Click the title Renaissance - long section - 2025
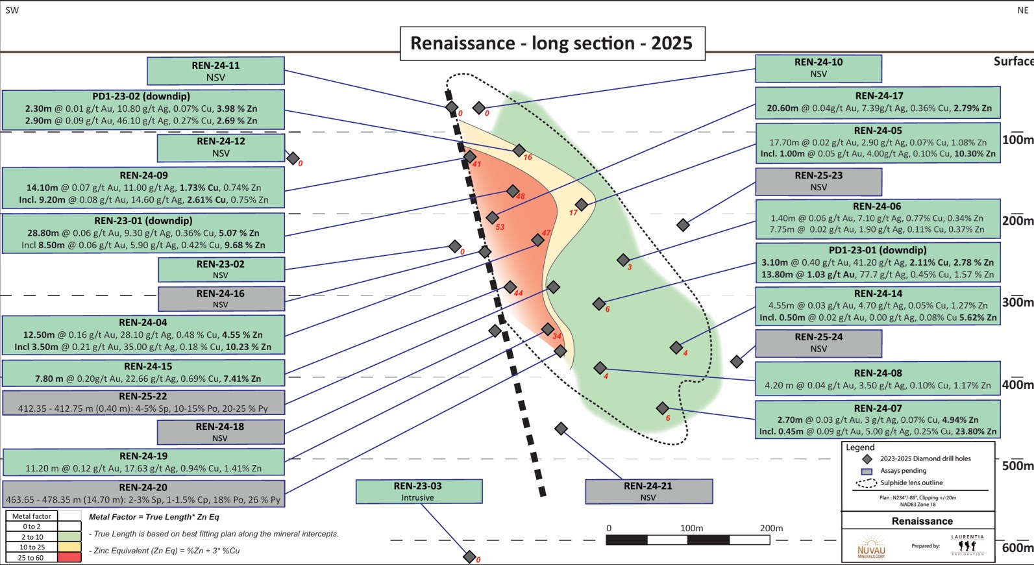(x=552, y=44)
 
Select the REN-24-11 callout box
(x=215, y=71)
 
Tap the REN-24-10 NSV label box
(x=819, y=68)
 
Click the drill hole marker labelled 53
(x=493, y=218)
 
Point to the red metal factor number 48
(x=520, y=196)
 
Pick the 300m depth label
(x=1017, y=302)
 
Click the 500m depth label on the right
(x=1017, y=466)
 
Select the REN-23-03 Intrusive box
(x=419, y=492)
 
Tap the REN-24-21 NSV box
(x=649, y=492)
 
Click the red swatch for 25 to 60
(x=69, y=558)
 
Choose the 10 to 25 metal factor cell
(x=31, y=547)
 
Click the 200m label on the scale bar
(x=771, y=528)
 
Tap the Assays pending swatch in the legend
(x=867, y=471)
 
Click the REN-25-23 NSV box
(x=819, y=182)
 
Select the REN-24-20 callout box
(x=143, y=494)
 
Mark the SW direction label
(x=12, y=10)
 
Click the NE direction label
(x=1023, y=10)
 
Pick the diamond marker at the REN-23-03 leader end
(x=469, y=557)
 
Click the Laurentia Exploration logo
(x=967, y=546)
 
